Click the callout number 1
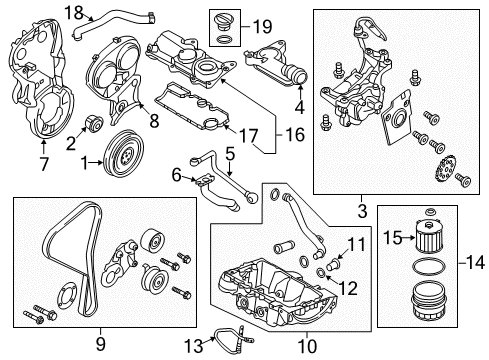tap(87, 160)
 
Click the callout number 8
tap(154, 121)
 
